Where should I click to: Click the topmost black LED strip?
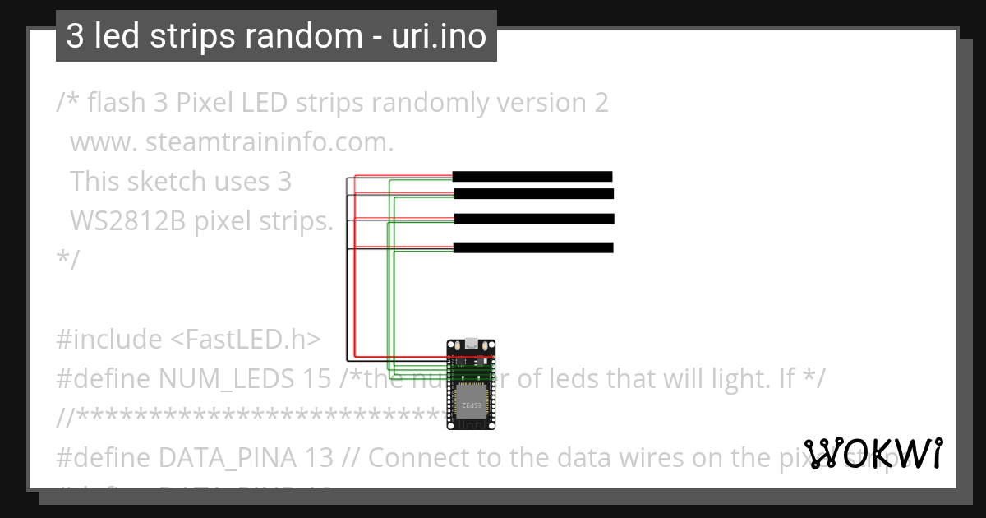tap(532, 176)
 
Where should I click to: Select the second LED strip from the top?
tap(533, 194)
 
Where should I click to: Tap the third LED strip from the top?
tap(534, 219)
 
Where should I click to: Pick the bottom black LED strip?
tap(533, 247)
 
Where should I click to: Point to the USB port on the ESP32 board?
tap(472, 345)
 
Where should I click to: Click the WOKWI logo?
tap(873, 454)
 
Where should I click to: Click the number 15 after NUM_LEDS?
tap(295, 378)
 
